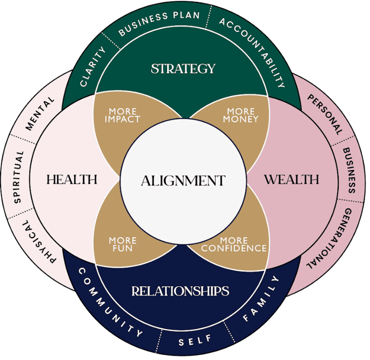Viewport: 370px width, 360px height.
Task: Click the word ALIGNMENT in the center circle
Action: point(183,181)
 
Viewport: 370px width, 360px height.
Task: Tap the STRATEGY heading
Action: point(183,69)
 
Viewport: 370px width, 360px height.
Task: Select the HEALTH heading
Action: point(72,180)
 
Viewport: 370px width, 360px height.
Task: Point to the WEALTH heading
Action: point(291,180)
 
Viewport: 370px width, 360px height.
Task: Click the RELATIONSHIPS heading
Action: point(180,291)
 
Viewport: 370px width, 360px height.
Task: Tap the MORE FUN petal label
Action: point(122,244)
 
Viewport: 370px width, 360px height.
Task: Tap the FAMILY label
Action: point(261,299)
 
